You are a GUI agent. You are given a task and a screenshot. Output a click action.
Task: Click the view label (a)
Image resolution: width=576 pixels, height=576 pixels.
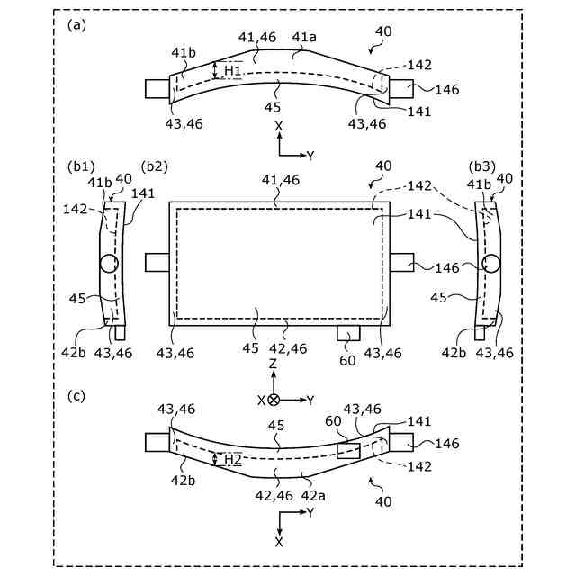click(76, 25)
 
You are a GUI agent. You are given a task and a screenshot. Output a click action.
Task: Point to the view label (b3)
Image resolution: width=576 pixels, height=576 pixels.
click(482, 166)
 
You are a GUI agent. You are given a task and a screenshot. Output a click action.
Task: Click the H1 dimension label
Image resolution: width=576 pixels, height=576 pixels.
click(233, 70)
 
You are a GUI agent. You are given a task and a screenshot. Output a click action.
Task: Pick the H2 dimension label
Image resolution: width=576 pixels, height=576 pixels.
click(233, 459)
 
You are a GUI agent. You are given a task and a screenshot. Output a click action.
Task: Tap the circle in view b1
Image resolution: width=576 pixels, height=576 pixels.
click(109, 264)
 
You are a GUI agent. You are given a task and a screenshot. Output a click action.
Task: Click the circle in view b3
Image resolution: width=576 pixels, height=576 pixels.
click(491, 264)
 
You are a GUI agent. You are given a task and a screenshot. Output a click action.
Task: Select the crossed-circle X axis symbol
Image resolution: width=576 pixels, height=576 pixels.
click(274, 399)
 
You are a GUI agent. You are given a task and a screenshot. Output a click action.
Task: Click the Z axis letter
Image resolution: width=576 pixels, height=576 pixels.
click(274, 364)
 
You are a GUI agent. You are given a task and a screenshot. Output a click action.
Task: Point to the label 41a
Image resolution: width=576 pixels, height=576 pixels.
click(304, 37)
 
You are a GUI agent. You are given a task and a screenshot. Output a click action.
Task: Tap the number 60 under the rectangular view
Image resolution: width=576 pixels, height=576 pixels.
click(348, 361)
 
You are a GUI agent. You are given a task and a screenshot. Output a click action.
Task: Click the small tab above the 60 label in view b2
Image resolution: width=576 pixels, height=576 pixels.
click(348, 334)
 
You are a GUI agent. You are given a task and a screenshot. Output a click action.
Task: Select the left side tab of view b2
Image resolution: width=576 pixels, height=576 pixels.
click(157, 262)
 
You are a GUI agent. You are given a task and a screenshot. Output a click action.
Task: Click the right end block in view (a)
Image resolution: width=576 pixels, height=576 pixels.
click(401, 89)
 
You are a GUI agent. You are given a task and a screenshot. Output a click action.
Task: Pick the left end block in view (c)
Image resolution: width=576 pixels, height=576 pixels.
click(157, 442)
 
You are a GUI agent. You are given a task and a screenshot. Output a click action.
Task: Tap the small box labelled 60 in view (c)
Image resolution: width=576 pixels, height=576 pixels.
click(348, 451)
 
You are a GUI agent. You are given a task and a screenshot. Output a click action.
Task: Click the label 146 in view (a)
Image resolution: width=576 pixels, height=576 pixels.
click(446, 89)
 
